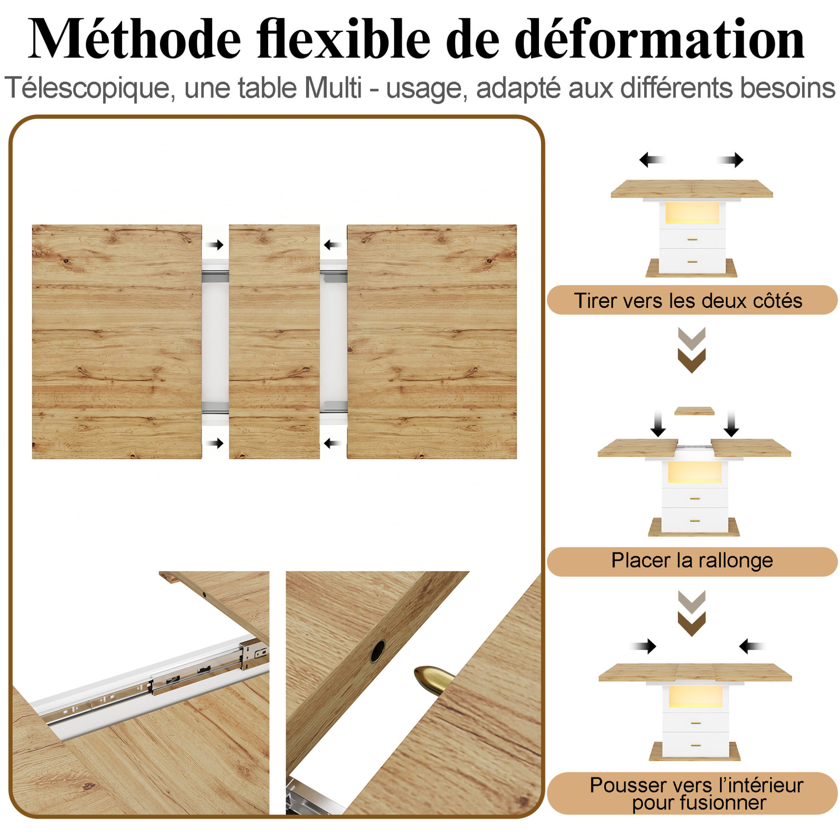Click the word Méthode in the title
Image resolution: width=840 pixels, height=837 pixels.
tap(135, 39)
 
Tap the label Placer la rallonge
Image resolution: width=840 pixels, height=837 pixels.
tap(692, 560)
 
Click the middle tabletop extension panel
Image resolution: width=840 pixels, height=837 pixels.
tap(274, 342)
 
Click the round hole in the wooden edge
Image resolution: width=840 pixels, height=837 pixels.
tap(377, 651)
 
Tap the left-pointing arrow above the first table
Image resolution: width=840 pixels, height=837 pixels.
tap(653, 160)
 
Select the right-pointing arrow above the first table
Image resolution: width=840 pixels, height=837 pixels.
tap(731, 160)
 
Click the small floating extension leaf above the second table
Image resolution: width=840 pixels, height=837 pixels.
tap(694, 411)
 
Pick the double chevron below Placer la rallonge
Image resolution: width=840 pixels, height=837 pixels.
tap(692, 613)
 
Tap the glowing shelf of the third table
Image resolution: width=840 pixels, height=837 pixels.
tap(695, 699)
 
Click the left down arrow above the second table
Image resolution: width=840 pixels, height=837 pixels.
tap(658, 423)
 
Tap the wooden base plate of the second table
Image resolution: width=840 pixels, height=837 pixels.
tap(694, 528)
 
